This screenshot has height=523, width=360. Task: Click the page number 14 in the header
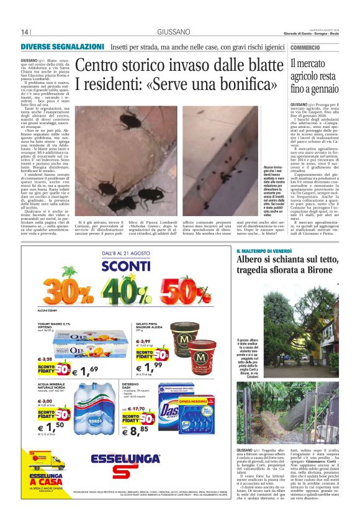25,32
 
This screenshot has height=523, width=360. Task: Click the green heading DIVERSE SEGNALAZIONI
62,47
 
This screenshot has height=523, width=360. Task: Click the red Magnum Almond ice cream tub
202,355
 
